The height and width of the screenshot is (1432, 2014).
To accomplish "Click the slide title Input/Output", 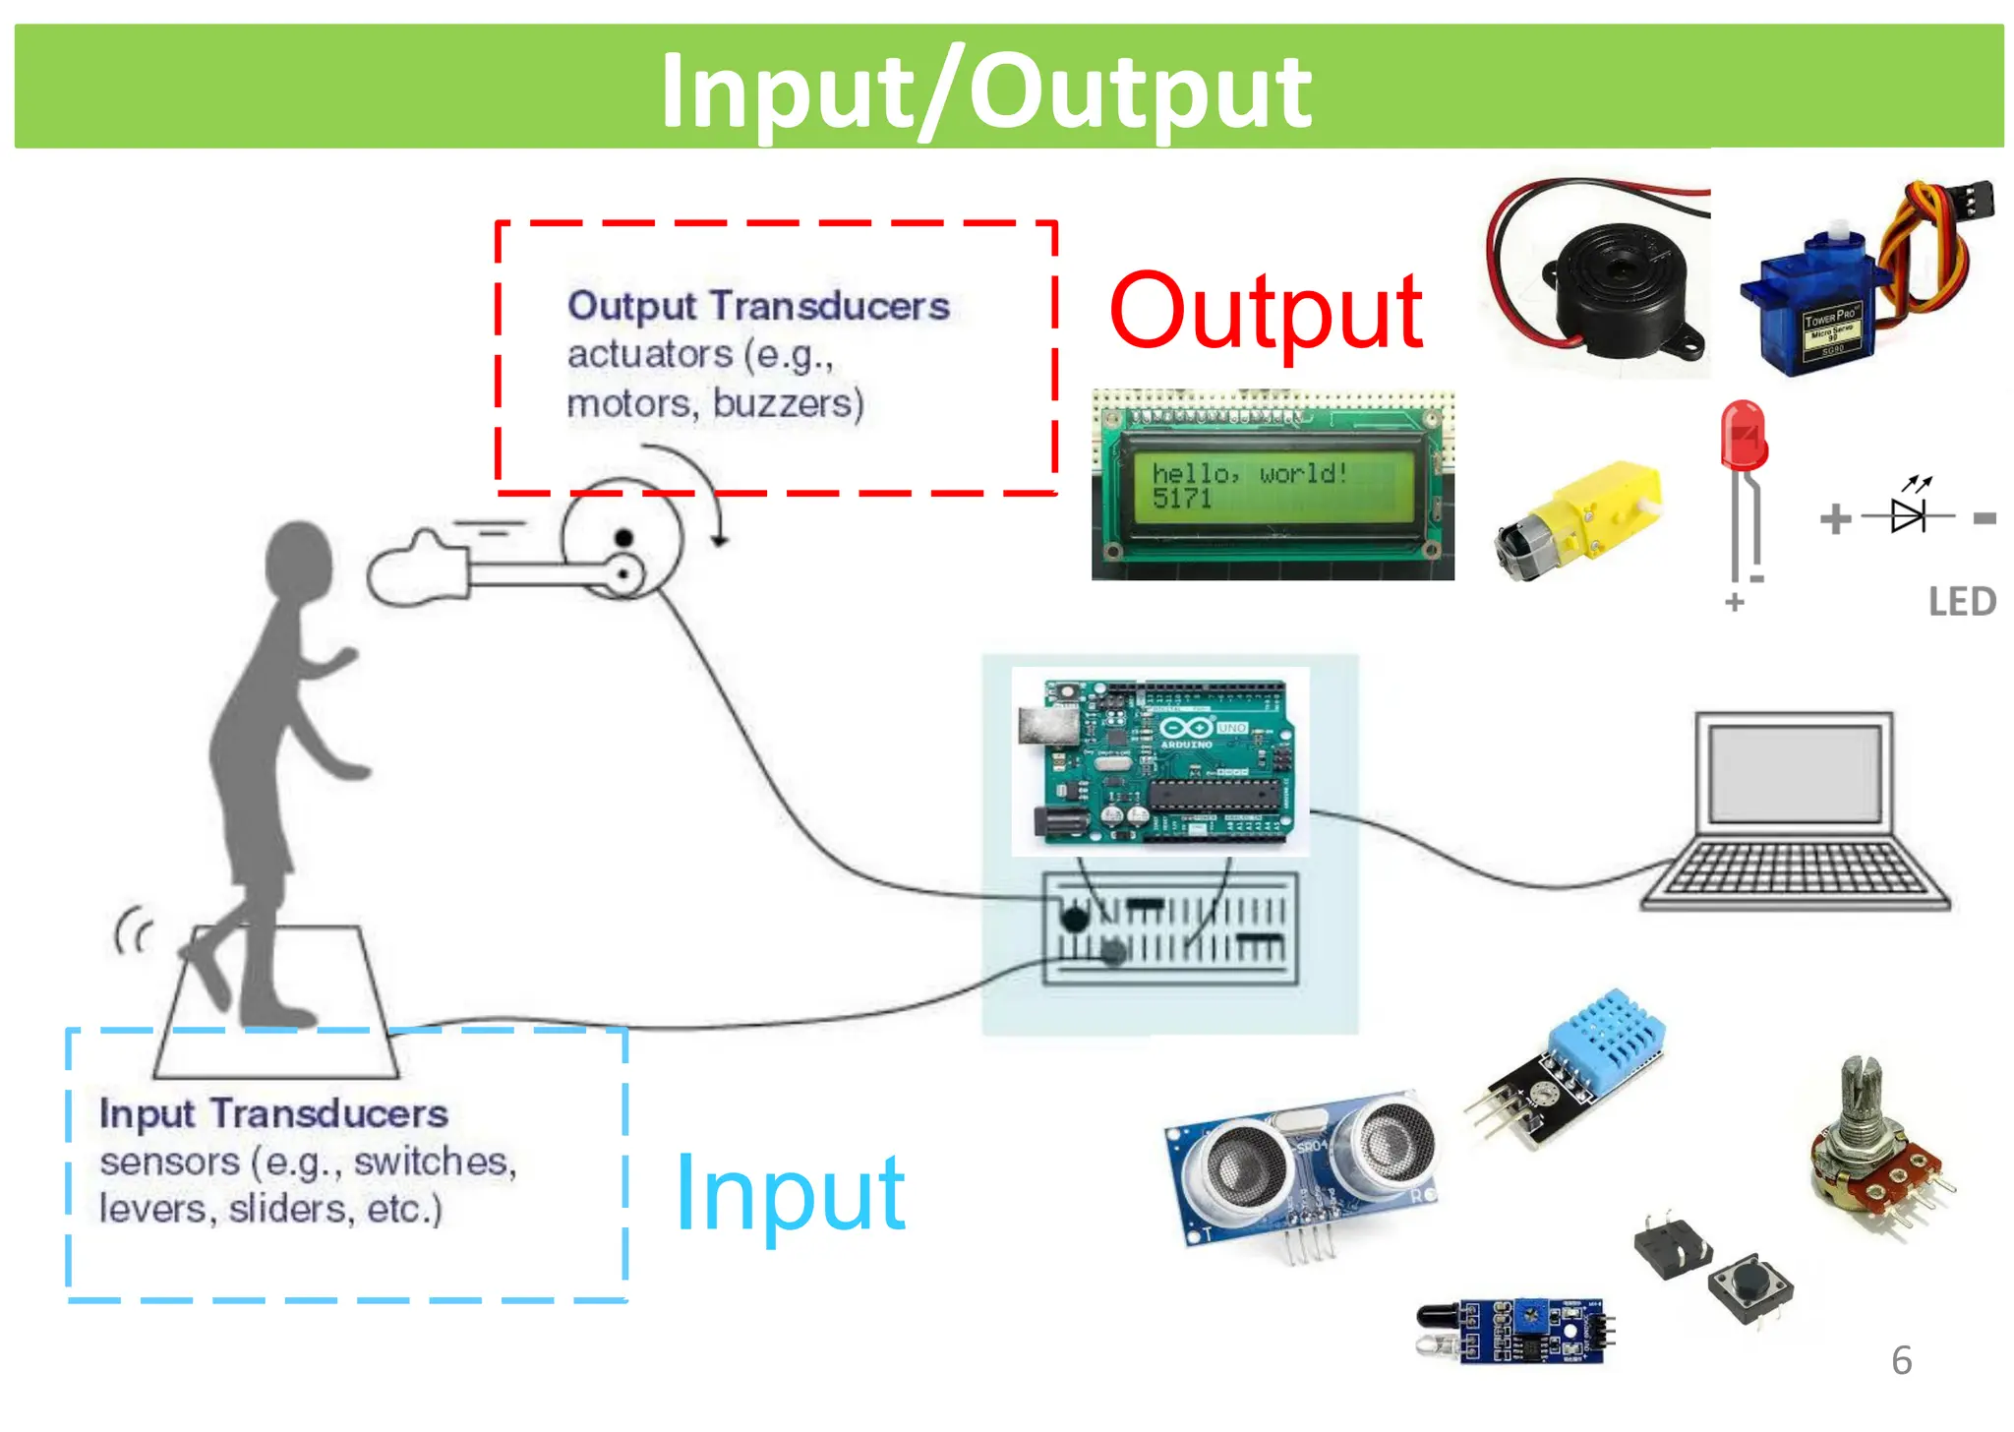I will point(985,90).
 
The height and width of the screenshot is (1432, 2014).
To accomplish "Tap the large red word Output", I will point(1266,313).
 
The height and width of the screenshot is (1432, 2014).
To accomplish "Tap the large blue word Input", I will point(791,1193).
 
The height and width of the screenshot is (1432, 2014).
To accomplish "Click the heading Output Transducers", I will point(758,306).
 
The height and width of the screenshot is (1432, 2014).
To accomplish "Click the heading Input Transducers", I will point(273,1113).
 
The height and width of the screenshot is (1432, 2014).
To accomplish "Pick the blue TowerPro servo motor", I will point(1814,305).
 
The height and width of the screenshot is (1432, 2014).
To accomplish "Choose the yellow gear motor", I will point(1583,518).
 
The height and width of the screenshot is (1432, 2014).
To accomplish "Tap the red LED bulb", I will point(1744,435).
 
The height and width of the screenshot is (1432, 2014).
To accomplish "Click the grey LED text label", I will point(1962,602).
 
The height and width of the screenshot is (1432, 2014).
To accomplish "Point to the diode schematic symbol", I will point(1908,515).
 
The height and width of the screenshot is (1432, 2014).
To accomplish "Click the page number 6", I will point(1901,1361).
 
